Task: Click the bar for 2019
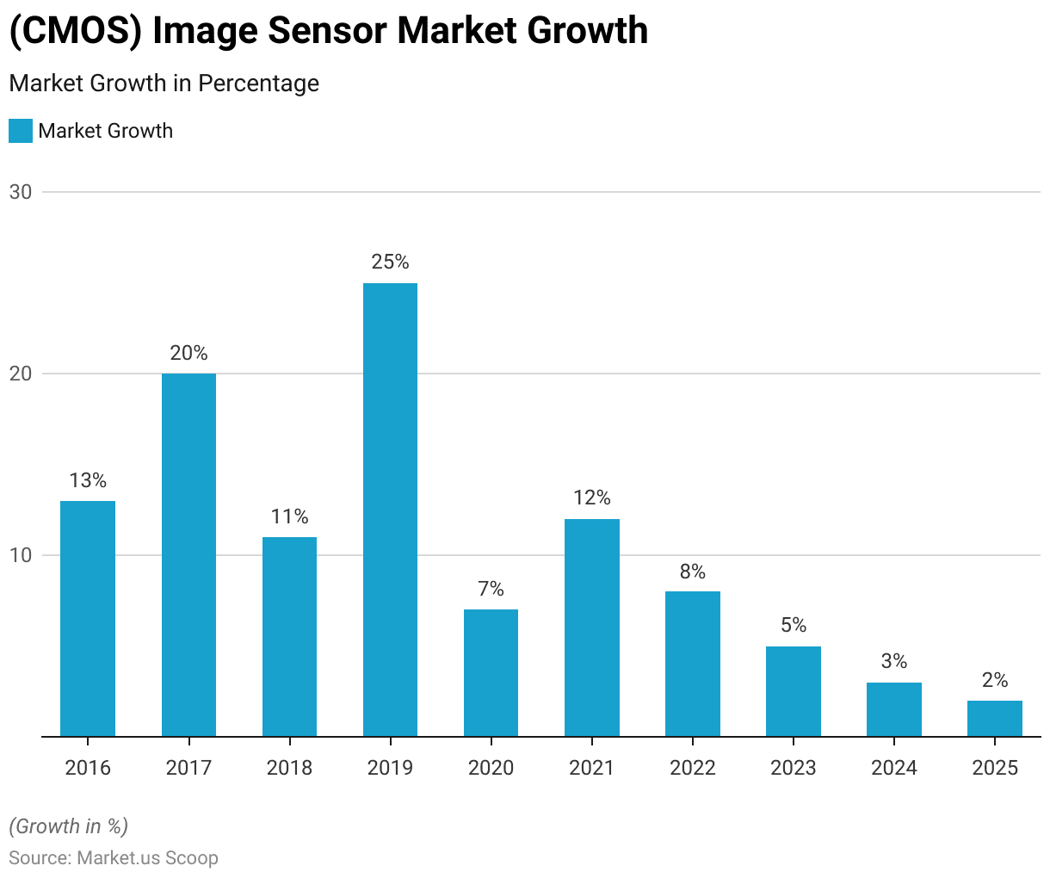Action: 390,510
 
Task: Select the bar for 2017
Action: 188,555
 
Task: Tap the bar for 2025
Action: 995,719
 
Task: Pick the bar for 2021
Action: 592,628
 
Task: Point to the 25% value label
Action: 390,262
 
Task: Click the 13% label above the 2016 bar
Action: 88,480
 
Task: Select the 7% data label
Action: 491,589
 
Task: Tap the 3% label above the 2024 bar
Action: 894,661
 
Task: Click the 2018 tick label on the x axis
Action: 289,768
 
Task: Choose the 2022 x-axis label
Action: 693,768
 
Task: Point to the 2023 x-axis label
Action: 794,768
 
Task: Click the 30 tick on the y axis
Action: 21,192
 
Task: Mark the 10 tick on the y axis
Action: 21,555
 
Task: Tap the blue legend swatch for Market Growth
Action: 21,131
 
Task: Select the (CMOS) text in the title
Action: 75,31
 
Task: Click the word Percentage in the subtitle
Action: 258,83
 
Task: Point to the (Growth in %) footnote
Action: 69,826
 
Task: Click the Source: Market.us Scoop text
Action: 114,858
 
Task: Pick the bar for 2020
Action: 491,673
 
